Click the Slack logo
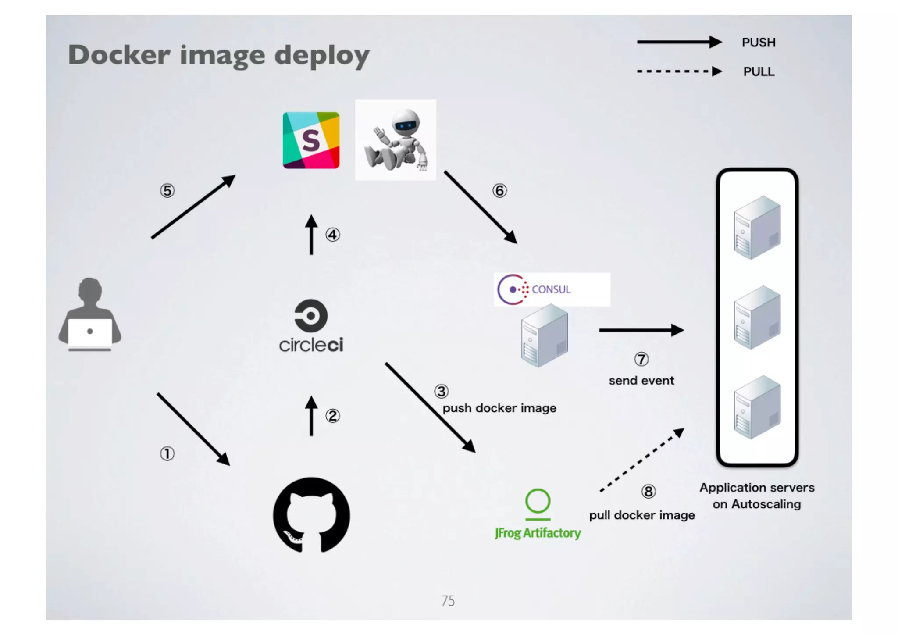tap(311, 140)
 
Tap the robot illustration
tap(396, 140)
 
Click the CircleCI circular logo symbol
tap(311, 316)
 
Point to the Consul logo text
tap(551, 289)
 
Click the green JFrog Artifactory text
tap(538, 533)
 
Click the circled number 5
tap(167, 191)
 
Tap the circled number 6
tap(499, 191)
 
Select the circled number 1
tap(167, 454)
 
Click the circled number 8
tap(649, 492)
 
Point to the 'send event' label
tap(641, 381)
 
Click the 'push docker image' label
tap(499, 408)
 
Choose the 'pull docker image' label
tap(642, 515)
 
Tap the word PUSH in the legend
tap(759, 43)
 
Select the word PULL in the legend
tap(759, 71)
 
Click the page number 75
tap(448, 601)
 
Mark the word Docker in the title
tap(119, 55)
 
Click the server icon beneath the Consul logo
tap(545, 336)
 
